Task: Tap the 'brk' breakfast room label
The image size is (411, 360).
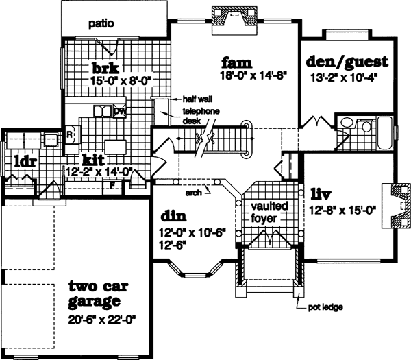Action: click(106, 68)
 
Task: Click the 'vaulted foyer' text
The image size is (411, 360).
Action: click(269, 212)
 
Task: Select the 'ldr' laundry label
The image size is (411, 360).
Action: click(24, 162)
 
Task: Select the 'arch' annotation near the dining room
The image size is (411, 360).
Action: click(193, 193)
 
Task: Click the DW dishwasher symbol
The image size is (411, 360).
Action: click(120, 111)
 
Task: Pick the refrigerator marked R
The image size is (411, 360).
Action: click(70, 134)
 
